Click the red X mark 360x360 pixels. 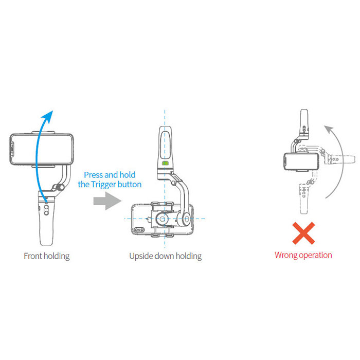tap(303, 233)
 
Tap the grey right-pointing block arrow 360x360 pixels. tap(107, 201)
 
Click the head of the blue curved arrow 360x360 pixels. tap(48, 117)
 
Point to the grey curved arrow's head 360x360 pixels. tap(329, 129)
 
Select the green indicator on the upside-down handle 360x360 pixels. tap(165, 163)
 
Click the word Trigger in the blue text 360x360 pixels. tap(103, 185)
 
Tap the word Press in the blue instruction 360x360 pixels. tap(94, 175)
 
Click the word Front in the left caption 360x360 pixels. tap(33, 256)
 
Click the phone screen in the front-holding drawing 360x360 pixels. tap(42, 149)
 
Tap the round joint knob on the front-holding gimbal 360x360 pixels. tap(60, 187)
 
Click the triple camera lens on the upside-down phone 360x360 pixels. tap(139, 229)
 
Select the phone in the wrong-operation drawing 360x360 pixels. tap(301, 161)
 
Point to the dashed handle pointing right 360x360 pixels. tap(340, 159)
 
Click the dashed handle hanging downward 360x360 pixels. tap(304, 199)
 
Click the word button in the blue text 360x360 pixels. tap(130, 184)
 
